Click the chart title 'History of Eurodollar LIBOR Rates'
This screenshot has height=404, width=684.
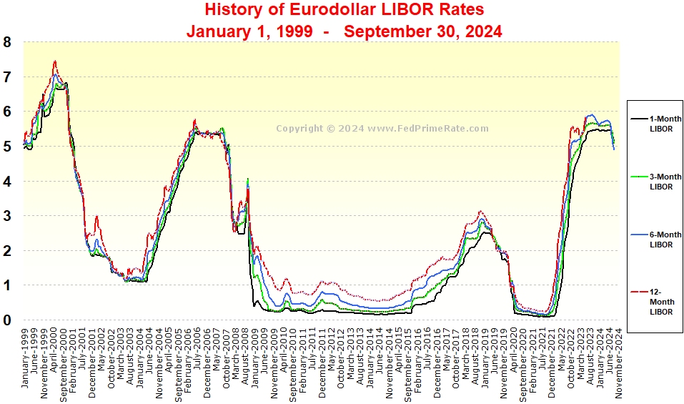click(344, 10)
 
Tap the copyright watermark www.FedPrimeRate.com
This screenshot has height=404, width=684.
click(382, 129)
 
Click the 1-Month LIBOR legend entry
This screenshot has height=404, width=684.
click(665, 123)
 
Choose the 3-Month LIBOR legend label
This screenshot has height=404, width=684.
click(665, 182)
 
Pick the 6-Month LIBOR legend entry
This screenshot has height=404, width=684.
click(665, 240)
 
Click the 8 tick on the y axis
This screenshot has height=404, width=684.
click(7, 42)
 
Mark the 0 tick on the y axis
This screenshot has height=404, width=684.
click(7, 320)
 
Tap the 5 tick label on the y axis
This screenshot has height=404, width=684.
click(7, 147)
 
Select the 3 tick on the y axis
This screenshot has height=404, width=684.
click(7, 216)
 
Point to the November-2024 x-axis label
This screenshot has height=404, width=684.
click(618, 362)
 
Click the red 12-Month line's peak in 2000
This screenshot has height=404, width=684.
click(55, 61)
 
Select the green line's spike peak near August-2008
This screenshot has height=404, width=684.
click(247, 179)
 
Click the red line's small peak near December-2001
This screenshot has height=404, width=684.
click(96, 217)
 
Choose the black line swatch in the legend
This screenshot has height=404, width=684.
click(638, 119)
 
